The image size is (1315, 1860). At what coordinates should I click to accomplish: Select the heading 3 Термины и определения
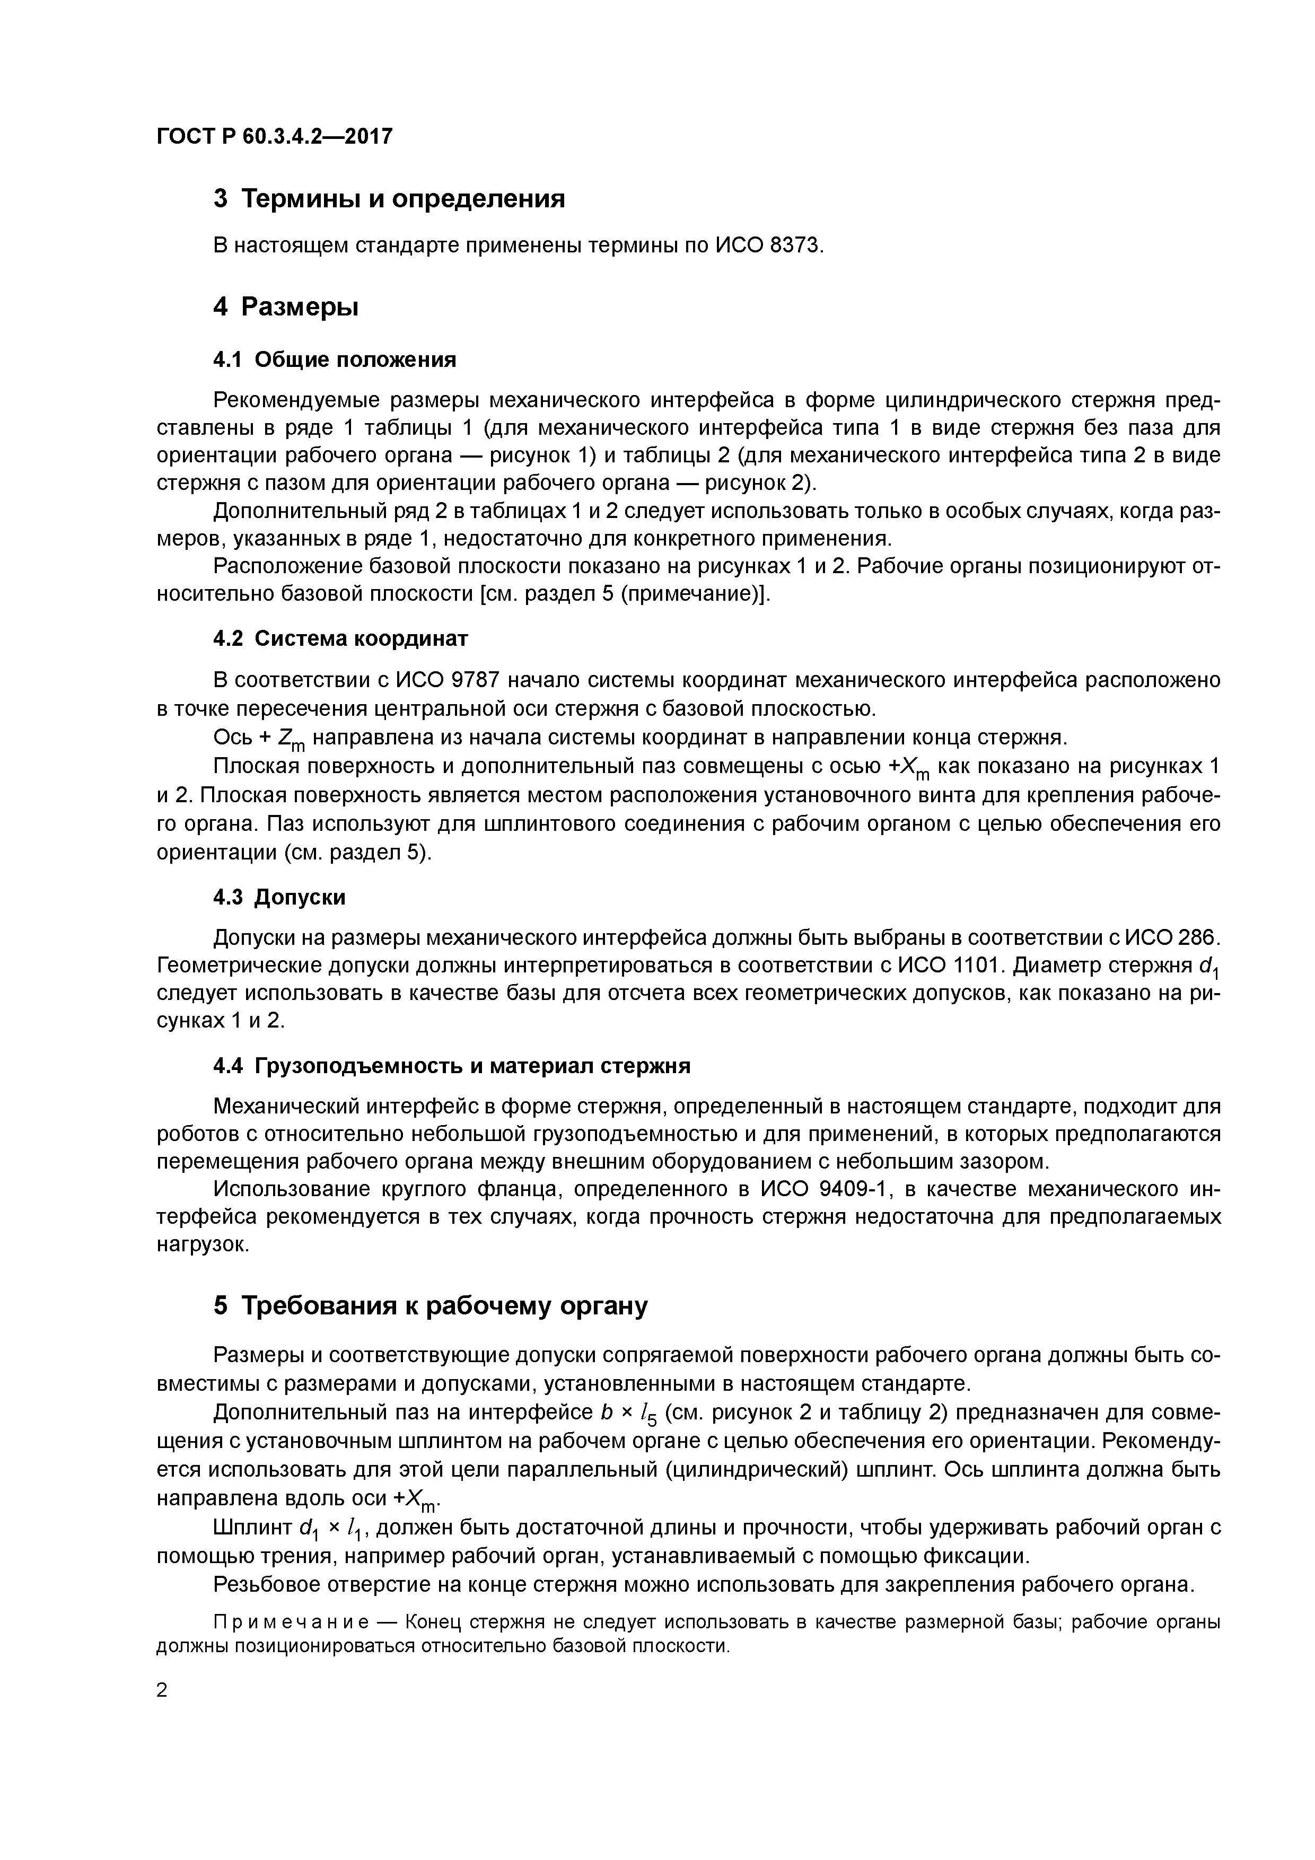click(389, 198)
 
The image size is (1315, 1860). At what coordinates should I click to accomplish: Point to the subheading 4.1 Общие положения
click(334, 359)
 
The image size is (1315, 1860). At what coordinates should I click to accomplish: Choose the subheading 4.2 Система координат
click(340, 638)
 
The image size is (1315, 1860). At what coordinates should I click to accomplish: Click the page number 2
click(162, 1691)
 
